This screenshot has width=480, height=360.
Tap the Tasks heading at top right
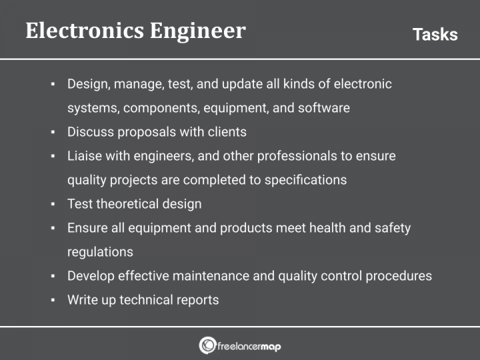435,35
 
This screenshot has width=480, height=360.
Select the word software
323,108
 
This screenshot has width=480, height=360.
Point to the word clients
225,132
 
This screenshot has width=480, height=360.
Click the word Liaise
83,156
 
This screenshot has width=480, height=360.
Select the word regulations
100,252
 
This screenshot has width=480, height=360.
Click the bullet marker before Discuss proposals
53,132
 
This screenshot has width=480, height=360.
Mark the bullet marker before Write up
53,300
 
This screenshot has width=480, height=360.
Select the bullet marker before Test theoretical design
53,204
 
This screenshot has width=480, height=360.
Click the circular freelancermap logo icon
207,345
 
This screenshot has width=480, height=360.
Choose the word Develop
91,276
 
